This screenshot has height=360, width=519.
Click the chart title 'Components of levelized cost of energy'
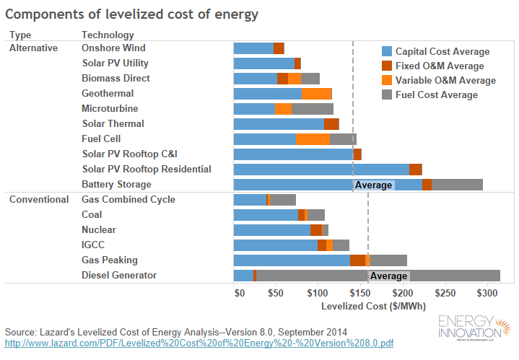point(133,14)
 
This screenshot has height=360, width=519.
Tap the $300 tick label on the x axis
point(487,294)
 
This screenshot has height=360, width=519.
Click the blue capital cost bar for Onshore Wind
point(253,48)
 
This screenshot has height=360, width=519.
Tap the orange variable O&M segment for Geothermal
point(316,94)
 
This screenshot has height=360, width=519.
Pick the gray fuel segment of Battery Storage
point(457,185)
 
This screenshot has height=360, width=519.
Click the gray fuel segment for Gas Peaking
point(388,260)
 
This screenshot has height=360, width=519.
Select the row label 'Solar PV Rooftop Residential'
point(147,170)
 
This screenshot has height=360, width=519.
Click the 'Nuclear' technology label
point(98,230)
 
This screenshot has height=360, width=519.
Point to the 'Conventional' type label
point(38,200)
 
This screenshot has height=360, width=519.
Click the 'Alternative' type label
point(33,48)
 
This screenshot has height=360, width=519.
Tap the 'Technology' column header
point(108,35)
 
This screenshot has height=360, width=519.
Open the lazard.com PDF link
point(199,343)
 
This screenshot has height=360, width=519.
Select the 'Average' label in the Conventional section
point(388,276)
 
